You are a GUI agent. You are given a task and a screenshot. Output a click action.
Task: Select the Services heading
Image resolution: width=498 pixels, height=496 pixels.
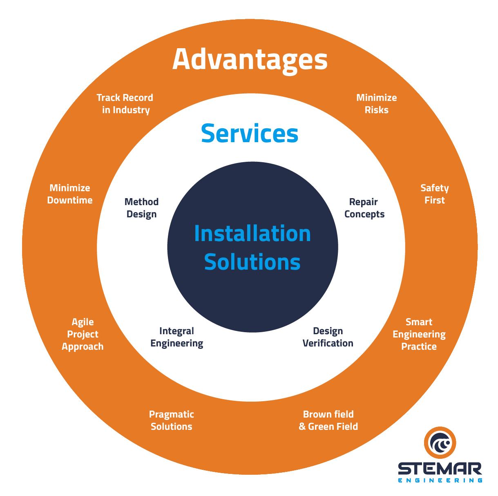tap(250, 134)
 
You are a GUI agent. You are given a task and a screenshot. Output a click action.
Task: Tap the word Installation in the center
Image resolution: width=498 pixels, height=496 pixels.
tap(252, 234)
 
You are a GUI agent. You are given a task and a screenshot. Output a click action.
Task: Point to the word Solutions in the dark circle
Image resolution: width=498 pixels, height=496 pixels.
tap(252, 262)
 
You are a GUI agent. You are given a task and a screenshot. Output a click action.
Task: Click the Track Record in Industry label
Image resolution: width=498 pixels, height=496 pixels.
tap(125, 104)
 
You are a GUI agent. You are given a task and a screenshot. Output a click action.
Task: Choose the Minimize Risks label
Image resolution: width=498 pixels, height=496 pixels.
tap(376, 104)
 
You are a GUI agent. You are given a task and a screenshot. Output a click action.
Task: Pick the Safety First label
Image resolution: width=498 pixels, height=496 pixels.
tap(434, 194)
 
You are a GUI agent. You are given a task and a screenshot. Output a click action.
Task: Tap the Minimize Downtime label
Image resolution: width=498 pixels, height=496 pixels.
tap(70, 194)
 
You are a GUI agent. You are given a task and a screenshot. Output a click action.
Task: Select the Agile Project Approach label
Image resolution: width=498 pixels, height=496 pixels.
tap(83, 334)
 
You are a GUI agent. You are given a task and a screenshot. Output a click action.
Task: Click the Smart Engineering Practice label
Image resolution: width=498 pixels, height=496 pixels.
tap(419, 334)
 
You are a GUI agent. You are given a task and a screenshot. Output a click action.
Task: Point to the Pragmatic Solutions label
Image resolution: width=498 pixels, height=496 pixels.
tap(171, 420)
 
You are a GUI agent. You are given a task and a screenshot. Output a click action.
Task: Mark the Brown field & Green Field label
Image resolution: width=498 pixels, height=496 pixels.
tap(328, 420)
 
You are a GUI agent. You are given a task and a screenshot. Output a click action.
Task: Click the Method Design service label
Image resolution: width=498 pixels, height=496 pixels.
tap(141, 208)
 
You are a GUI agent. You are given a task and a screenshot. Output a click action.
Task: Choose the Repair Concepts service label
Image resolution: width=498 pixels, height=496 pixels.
tap(364, 208)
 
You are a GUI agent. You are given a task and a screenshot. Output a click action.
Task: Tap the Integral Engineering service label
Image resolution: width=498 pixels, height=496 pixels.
tap(176, 337)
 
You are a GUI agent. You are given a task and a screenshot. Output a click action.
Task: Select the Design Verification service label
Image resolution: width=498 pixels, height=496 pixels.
tap(328, 337)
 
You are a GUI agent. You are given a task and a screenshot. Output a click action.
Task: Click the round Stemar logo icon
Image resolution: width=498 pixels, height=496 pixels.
tap(440, 443)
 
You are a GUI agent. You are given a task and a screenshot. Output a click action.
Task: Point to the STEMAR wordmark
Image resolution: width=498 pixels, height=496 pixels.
tap(440, 469)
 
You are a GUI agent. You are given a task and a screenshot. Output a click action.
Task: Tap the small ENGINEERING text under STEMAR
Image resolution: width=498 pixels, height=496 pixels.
tap(440, 480)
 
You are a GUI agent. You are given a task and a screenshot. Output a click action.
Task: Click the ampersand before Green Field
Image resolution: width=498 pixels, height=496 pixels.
tap(302, 427)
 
